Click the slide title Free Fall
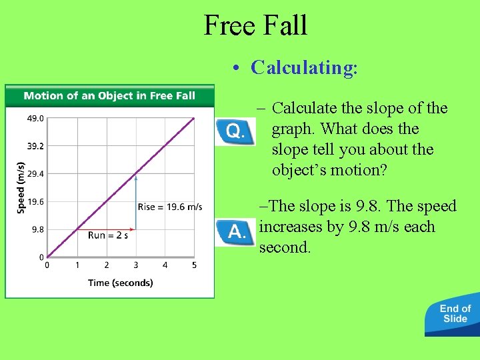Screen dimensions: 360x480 pyautogui.click(x=255, y=25)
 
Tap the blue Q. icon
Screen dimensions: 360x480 pyautogui.click(x=235, y=131)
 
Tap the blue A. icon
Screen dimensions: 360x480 pyautogui.click(x=235, y=233)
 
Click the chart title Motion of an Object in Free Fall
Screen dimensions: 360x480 pyautogui.click(x=109, y=95)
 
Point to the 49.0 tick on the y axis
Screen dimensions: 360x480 pyautogui.click(x=35, y=118)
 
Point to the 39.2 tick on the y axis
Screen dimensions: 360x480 pyautogui.click(x=35, y=146)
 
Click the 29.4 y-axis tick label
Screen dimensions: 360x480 pyautogui.click(x=35, y=174)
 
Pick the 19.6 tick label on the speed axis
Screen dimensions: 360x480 pyautogui.click(x=35, y=201)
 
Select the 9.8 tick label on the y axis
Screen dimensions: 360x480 pyautogui.click(x=37, y=229)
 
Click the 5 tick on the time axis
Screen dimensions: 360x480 pyautogui.click(x=194, y=265)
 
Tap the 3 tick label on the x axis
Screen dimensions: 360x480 pyautogui.click(x=135, y=265)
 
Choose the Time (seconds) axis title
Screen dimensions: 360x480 pyautogui.click(x=121, y=283)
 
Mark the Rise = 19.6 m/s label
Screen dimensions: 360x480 pyautogui.click(x=170, y=207)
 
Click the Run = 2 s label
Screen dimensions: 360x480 pyautogui.click(x=108, y=235)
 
